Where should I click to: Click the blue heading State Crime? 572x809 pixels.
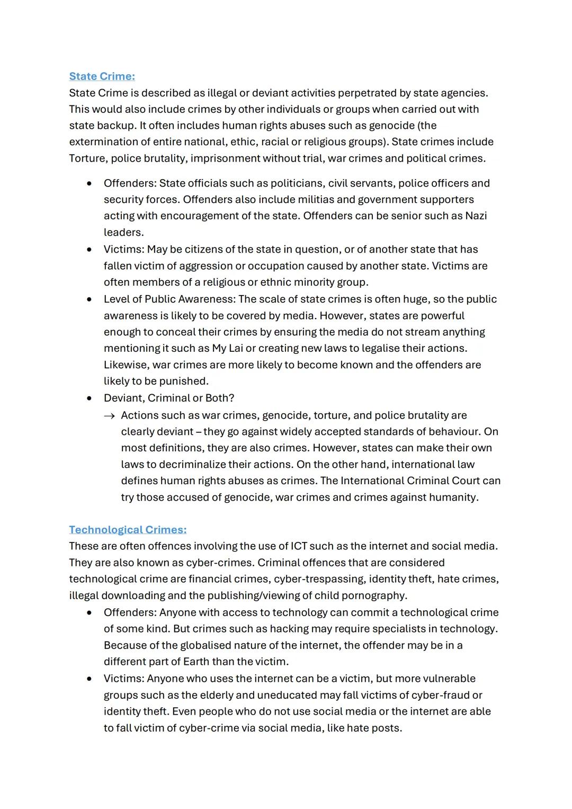[x=102, y=76]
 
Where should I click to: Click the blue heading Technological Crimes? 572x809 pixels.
[x=128, y=530]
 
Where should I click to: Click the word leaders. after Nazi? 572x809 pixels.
[x=123, y=232]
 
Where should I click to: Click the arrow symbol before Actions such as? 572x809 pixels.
[x=109, y=416]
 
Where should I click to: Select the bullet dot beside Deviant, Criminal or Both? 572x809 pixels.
[x=90, y=398]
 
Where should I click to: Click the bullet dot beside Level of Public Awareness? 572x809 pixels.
[x=90, y=299]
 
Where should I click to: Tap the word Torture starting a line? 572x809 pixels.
[x=88, y=158]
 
